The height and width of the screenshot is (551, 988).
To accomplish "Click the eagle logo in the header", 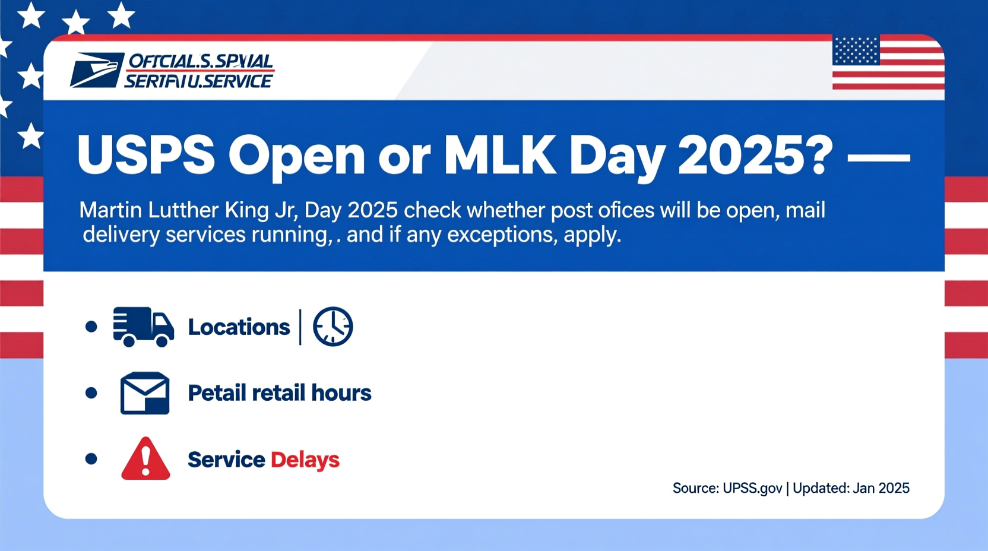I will pyautogui.click(x=97, y=70).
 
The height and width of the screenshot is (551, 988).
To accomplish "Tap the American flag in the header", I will pyautogui.click(x=888, y=62).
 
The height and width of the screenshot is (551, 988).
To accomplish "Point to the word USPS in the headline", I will pyautogui.click(x=145, y=156).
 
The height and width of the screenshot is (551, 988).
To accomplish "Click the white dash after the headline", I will pyautogui.click(x=879, y=158).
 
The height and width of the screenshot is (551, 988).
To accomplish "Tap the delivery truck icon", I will pyautogui.click(x=143, y=327).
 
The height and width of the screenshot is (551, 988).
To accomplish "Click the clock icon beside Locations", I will pyautogui.click(x=332, y=327).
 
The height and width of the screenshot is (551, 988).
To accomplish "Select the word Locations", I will pyautogui.click(x=239, y=327).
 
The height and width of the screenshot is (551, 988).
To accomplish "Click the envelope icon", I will pyautogui.click(x=145, y=393).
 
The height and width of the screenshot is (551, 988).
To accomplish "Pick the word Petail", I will pyautogui.click(x=217, y=393).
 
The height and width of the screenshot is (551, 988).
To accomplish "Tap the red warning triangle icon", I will pyautogui.click(x=145, y=459).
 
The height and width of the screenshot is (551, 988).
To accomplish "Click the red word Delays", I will pyautogui.click(x=305, y=460).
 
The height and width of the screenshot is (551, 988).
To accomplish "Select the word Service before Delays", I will pyautogui.click(x=226, y=460).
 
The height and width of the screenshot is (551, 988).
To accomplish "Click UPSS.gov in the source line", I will pyautogui.click(x=752, y=488).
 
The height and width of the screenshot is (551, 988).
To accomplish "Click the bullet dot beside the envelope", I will pyautogui.click(x=91, y=393).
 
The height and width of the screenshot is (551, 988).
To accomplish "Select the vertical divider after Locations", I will pyautogui.click(x=300, y=327).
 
